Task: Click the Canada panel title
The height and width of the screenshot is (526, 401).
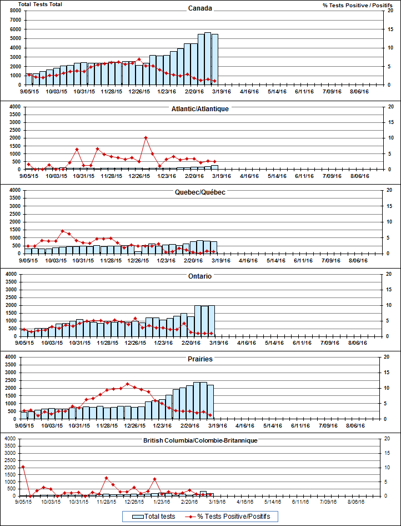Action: pyautogui.click(x=200, y=8)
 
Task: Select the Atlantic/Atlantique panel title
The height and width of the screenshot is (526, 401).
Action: pyautogui.click(x=200, y=108)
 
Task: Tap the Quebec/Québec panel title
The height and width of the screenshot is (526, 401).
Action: pyautogui.click(x=200, y=192)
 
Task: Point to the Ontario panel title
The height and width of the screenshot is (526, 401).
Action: pyautogui.click(x=200, y=276)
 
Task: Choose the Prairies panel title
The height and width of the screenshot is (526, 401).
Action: pyautogui.click(x=200, y=359)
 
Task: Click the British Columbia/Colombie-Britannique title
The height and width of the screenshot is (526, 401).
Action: pyautogui.click(x=200, y=441)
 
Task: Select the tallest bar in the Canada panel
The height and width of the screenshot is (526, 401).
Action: pyautogui.click(x=208, y=58)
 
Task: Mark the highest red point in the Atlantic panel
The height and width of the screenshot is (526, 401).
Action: pyautogui.click(x=146, y=137)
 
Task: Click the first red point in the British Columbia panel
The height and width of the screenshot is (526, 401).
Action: pyautogui.click(x=23, y=467)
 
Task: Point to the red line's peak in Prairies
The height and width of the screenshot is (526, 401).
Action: pyautogui.click(x=128, y=384)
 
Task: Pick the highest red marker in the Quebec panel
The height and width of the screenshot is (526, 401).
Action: pyautogui.click(x=63, y=231)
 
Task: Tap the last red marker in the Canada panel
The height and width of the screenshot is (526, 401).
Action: pyautogui.click(x=214, y=81)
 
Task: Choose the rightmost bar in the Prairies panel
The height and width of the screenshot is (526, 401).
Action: pyautogui.click(x=210, y=401)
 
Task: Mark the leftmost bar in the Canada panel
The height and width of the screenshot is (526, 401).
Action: pyautogui.click(x=29, y=79)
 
